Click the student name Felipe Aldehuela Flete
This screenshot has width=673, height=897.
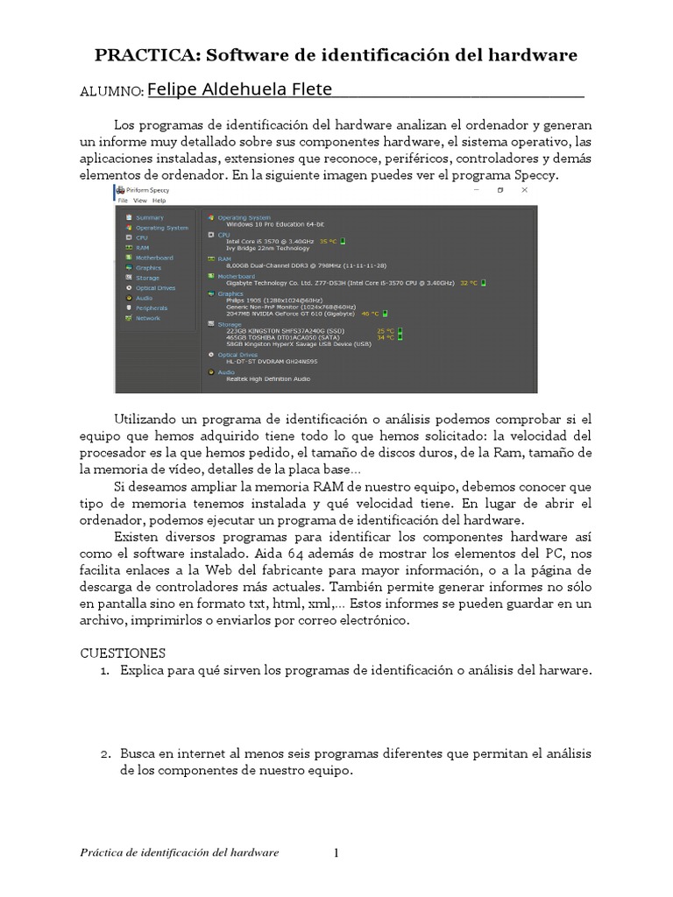click(240, 89)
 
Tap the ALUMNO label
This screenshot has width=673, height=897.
click(111, 91)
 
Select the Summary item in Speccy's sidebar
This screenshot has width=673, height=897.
click(149, 217)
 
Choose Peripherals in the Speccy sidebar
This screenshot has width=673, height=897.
click(151, 308)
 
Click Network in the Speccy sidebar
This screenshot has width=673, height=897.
click(147, 318)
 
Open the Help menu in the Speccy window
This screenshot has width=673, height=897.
click(159, 201)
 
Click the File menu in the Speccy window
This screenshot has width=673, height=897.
click(123, 201)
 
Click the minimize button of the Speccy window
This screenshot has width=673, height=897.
click(476, 189)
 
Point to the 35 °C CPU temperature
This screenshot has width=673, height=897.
click(328, 241)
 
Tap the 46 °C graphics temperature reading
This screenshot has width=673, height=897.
click(370, 313)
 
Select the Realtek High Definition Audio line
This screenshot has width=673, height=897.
click(268, 378)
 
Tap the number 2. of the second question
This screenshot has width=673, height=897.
click(105, 753)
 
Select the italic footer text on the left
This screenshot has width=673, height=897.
click(179, 852)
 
